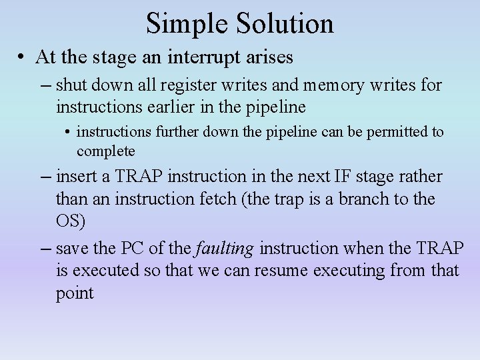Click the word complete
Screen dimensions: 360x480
click(x=105, y=151)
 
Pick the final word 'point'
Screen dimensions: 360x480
click(x=75, y=293)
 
